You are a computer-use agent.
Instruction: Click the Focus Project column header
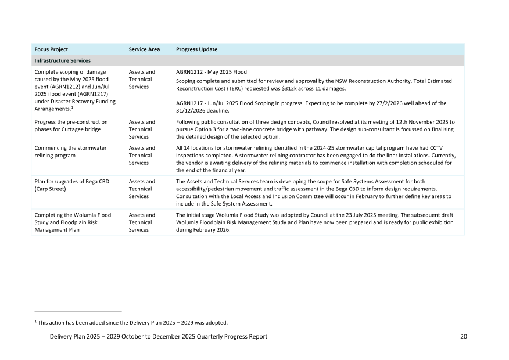[x=51, y=49]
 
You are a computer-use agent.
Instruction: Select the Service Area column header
[x=144, y=49]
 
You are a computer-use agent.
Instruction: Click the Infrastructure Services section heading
[x=62, y=60]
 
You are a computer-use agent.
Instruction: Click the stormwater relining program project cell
[x=70, y=152]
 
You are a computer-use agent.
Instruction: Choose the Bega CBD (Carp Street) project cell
[x=71, y=185]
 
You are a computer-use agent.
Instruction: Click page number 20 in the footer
[x=463, y=337]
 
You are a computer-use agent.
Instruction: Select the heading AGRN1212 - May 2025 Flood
[x=212, y=72]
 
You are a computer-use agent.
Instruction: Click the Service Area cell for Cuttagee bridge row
[x=142, y=129]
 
